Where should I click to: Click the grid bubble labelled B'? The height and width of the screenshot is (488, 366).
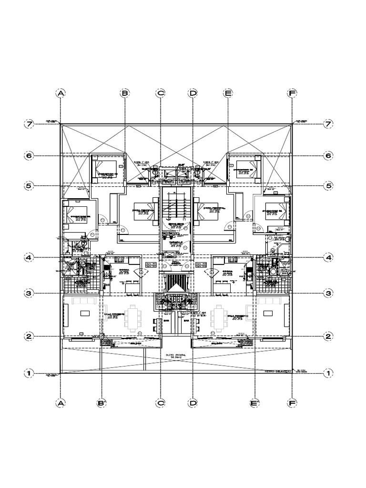[x=101, y=403]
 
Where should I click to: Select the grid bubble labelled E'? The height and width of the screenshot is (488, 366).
[x=253, y=403]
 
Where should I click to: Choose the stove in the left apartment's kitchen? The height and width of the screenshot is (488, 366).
[x=118, y=259]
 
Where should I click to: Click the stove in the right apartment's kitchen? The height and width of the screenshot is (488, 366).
[x=234, y=259]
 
